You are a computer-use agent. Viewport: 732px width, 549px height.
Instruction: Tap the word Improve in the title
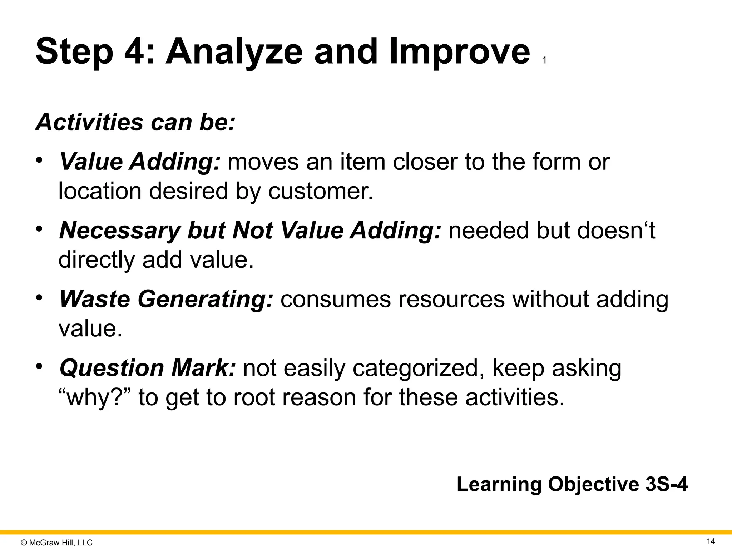click(459, 53)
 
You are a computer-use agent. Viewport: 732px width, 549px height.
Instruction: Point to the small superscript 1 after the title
click(544, 61)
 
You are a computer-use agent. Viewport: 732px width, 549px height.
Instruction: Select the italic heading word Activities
click(89, 122)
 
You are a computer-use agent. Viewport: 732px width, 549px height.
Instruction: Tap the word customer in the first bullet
click(320, 191)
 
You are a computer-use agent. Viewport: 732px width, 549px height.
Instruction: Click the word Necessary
click(119, 230)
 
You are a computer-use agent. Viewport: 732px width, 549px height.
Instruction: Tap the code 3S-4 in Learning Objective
click(666, 485)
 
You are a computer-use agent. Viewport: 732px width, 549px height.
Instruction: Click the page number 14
click(711, 541)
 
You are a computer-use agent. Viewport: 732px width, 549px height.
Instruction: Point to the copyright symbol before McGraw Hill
click(24, 543)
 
